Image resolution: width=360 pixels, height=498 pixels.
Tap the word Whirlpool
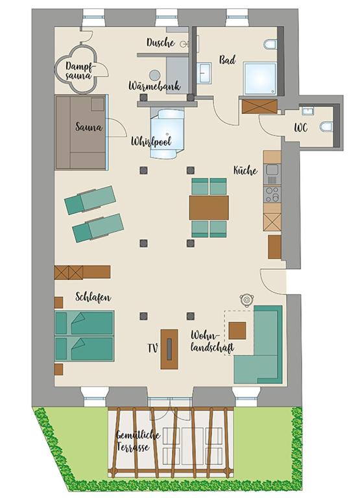[152, 141]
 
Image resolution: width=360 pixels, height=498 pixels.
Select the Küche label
[245, 171]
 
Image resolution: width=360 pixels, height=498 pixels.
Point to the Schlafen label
[93, 297]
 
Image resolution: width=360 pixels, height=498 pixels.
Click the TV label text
[153, 348]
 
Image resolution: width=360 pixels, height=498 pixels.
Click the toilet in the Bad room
[270, 45]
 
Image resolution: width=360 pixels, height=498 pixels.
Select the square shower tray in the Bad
[260, 78]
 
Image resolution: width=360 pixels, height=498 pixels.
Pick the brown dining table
[209, 207]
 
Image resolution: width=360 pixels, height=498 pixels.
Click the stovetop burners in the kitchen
[272, 194]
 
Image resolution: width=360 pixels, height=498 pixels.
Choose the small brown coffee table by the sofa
[237, 331]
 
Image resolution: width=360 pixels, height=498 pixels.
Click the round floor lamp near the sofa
[246, 299]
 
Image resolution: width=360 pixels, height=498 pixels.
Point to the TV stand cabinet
[169, 349]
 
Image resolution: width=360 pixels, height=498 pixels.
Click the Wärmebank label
[154, 86]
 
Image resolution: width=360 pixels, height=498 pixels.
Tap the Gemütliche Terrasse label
[138, 441]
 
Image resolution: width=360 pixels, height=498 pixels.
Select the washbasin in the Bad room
[204, 73]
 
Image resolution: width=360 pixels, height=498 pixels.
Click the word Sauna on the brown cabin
[89, 127]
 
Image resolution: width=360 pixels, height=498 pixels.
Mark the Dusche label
[160, 42]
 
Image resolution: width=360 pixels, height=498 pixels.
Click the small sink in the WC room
[308, 111]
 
